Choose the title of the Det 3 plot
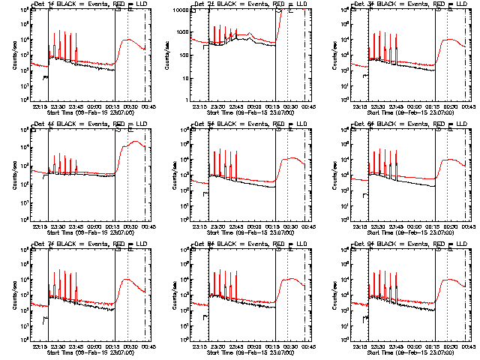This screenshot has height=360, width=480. (x=409, y=4)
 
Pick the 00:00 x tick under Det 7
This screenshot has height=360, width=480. (x=94, y=345)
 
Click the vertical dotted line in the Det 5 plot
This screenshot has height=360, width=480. (x=287, y=172)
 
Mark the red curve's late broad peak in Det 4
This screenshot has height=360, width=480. (x=136, y=142)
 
